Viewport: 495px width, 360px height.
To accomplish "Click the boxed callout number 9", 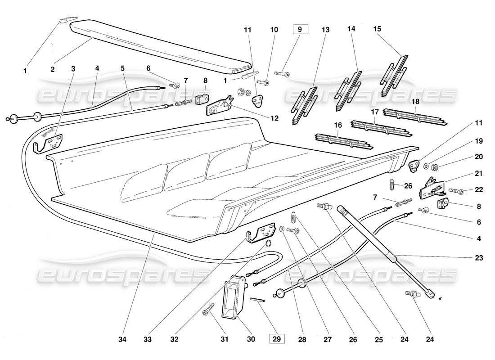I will (301, 30).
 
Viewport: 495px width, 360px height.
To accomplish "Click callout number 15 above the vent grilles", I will (377, 29).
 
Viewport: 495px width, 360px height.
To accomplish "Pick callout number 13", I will (325, 30).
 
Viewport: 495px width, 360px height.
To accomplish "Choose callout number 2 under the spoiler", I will (52, 69).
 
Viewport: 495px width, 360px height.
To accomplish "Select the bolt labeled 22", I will (457, 191).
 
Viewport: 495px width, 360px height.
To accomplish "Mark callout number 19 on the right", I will (478, 141).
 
